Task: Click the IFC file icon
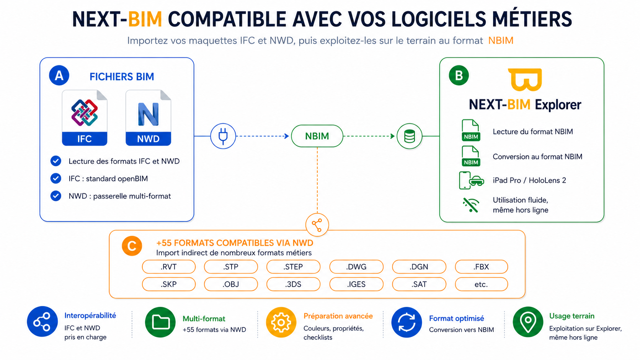pos(85,117)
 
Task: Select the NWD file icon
pos(148,117)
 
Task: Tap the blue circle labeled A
pos(59,75)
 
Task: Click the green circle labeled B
pos(459,75)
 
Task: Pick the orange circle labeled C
pos(132,246)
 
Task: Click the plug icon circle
pos(223,136)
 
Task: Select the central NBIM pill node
pos(317,136)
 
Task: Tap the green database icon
pos(410,136)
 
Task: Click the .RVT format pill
pos(169,267)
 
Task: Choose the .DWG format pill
pos(356,267)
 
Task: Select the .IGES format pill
pos(356,284)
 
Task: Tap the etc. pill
pos(482,284)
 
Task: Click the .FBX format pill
pos(482,267)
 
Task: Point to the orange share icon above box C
pos(317,225)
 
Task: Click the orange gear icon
pos(281,322)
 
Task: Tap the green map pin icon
pos(528,322)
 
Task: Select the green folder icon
pos(160,322)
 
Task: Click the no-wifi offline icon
pos(470,205)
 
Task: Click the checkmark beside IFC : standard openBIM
pos(56,178)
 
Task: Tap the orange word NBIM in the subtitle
pos(501,41)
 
